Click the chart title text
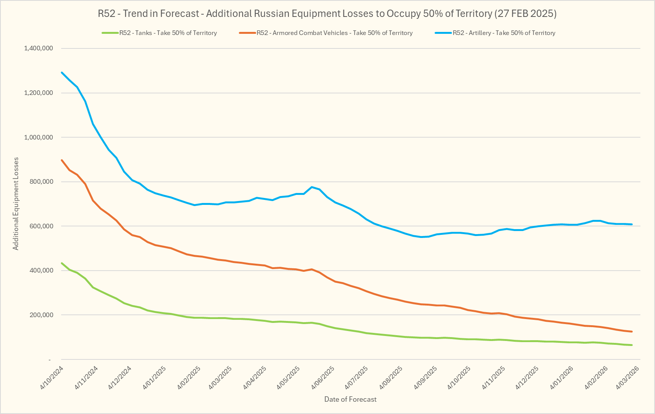coord(327,14)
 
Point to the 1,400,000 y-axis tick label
coord(38,48)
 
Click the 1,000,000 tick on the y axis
coord(38,137)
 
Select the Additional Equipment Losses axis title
coord(16,204)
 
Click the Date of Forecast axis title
coord(350,399)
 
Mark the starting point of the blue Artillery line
coord(62,72)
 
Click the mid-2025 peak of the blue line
coord(312,187)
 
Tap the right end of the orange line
coord(632,331)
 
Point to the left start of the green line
coord(62,263)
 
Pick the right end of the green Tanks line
coord(632,345)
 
